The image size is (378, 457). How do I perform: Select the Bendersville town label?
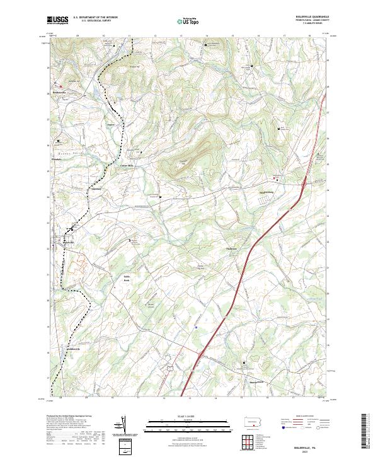point(59,93)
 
